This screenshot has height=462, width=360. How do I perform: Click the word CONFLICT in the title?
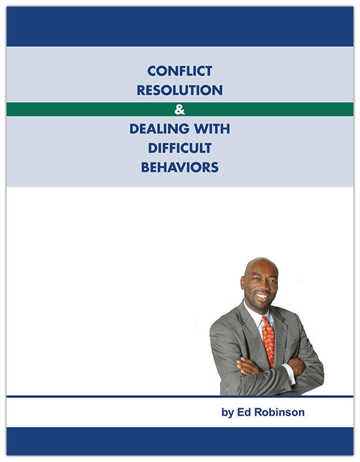pos(180,71)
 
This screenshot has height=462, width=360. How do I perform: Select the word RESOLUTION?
pos(180,90)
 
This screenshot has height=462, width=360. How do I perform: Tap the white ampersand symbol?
pos(179,109)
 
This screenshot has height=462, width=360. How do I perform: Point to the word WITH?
pos(212,129)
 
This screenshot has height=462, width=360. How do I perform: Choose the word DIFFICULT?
pos(180,148)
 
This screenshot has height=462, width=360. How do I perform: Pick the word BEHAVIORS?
pos(180,168)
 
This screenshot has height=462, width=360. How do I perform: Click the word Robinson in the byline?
pos(279,412)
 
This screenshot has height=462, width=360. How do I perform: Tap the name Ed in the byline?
pos(244,412)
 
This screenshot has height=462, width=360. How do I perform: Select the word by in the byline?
pos(228,413)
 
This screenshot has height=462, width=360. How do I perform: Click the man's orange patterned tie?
pos(268,341)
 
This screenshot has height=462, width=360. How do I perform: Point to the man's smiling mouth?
pos(262,296)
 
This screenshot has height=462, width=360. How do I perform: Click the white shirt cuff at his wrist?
pos(289,374)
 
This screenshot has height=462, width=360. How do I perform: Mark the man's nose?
pos(262,287)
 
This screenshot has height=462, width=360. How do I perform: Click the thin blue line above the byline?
pos(180,397)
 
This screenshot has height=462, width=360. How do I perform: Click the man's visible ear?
pos(242,283)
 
